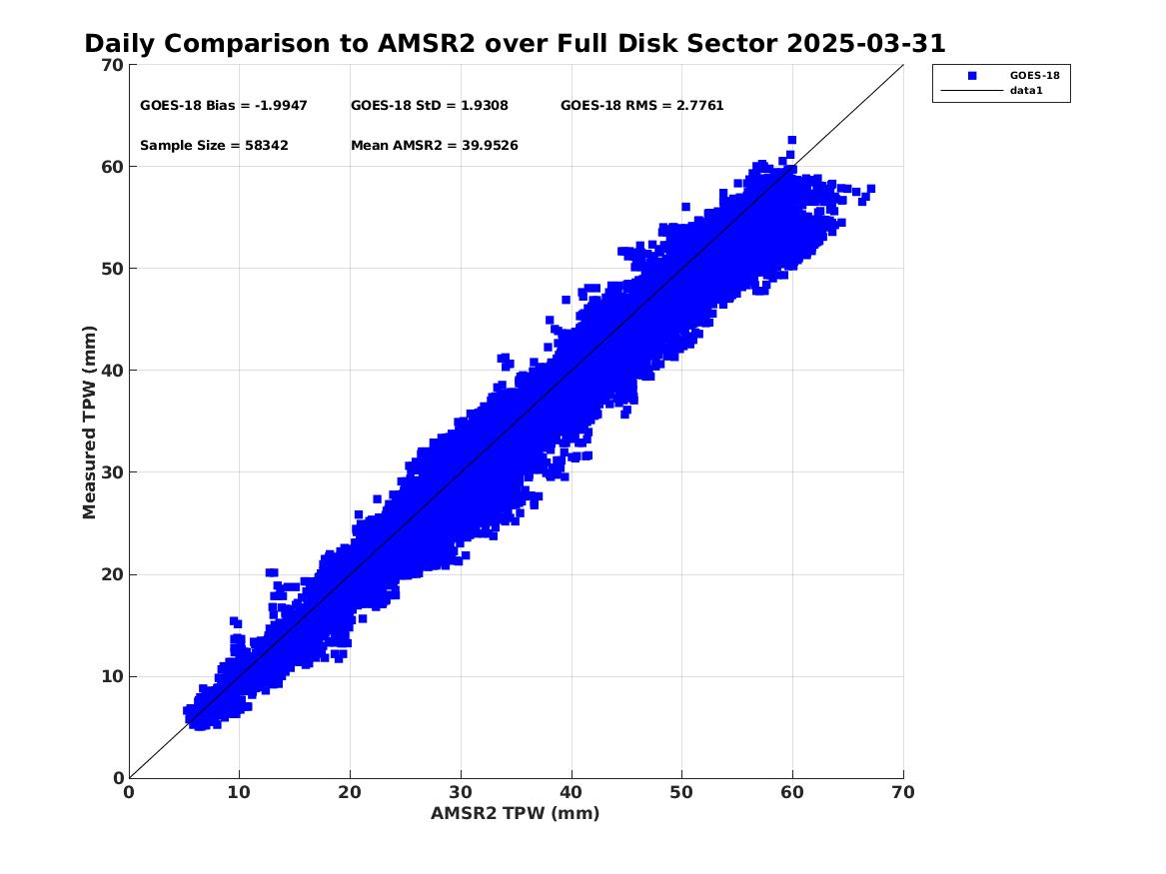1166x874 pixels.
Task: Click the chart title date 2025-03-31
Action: click(865, 43)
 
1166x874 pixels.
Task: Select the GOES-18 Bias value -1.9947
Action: click(281, 106)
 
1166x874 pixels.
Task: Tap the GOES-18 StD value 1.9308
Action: click(485, 106)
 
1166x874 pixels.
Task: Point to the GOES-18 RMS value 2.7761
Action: click(699, 106)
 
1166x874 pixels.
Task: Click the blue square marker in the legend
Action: click(972, 76)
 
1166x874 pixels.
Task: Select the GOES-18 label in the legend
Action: click(1034, 75)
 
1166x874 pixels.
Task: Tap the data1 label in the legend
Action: click(1026, 91)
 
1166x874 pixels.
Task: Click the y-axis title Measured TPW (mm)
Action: click(89, 423)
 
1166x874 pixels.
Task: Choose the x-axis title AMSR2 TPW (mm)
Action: click(516, 814)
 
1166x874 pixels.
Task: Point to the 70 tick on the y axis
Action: click(112, 65)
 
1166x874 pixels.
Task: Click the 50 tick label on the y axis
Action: click(112, 269)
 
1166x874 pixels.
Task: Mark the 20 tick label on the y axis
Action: click(112, 574)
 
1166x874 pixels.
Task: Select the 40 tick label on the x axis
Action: click(572, 792)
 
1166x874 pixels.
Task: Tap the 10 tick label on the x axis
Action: click(239, 792)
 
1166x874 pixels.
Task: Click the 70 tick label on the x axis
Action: click(903, 792)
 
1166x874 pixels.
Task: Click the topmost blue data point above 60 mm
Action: click(792, 140)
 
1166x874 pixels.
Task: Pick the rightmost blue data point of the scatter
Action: click(871, 189)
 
